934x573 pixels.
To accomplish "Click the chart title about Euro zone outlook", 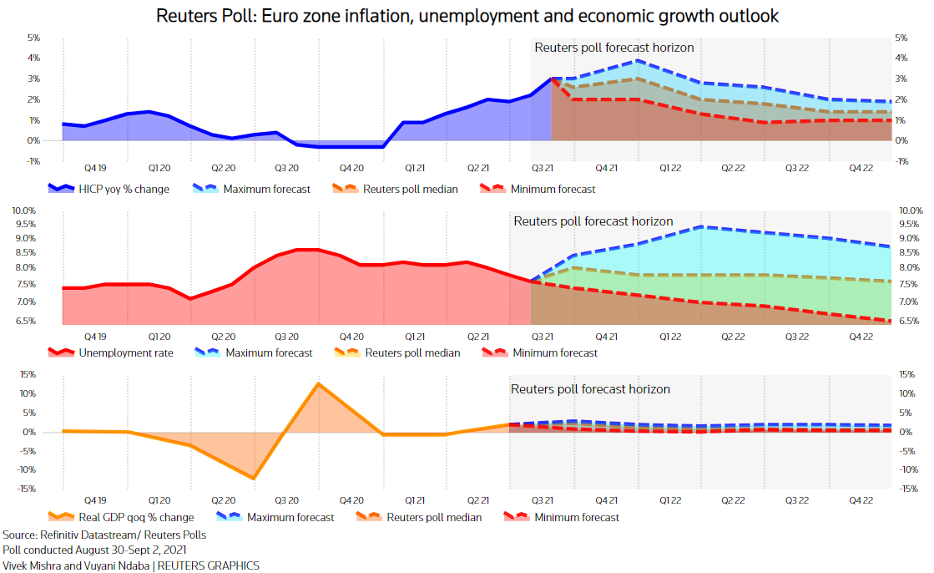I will (466, 16).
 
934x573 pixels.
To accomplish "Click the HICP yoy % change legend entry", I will (123, 190).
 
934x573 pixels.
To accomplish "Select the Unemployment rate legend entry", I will (125, 352).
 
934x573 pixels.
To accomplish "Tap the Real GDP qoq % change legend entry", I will (136, 518).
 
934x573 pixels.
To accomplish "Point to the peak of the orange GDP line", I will (318, 383).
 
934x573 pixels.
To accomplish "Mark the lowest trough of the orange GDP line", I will (253, 479).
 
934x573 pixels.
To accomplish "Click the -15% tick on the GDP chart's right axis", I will (908, 489).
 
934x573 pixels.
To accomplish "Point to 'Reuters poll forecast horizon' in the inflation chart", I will (613, 48).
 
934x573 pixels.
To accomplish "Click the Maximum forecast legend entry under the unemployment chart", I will (269, 352).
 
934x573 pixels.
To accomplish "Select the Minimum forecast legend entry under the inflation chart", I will (554, 190).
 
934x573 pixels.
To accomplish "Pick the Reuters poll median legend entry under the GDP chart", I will (434, 518).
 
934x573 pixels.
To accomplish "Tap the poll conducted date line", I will (94, 550).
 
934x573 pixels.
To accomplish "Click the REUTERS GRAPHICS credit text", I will (209, 565).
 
